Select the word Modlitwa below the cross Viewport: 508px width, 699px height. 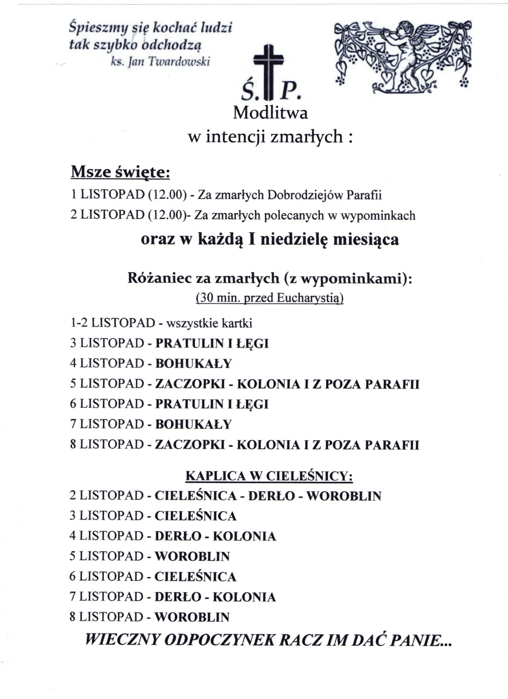[270, 113]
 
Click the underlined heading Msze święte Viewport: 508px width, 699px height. [120, 172]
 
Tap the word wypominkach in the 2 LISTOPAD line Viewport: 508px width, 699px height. [378, 216]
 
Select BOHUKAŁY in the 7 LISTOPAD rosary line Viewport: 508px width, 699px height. [193, 424]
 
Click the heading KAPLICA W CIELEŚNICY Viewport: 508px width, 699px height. [269, 476]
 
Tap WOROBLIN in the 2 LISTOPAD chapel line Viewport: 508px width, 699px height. [344, 496]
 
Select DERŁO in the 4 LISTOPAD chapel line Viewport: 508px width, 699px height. [178, 537]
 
